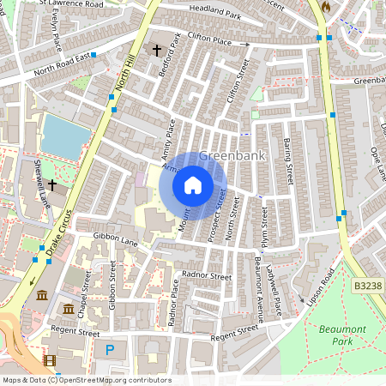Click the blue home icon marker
[x=193, y=184]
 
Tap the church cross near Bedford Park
[x=156, y=51]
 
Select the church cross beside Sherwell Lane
[x=52, y=184]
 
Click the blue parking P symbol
[x=109, y=349]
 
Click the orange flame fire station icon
[x=325, y=6]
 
